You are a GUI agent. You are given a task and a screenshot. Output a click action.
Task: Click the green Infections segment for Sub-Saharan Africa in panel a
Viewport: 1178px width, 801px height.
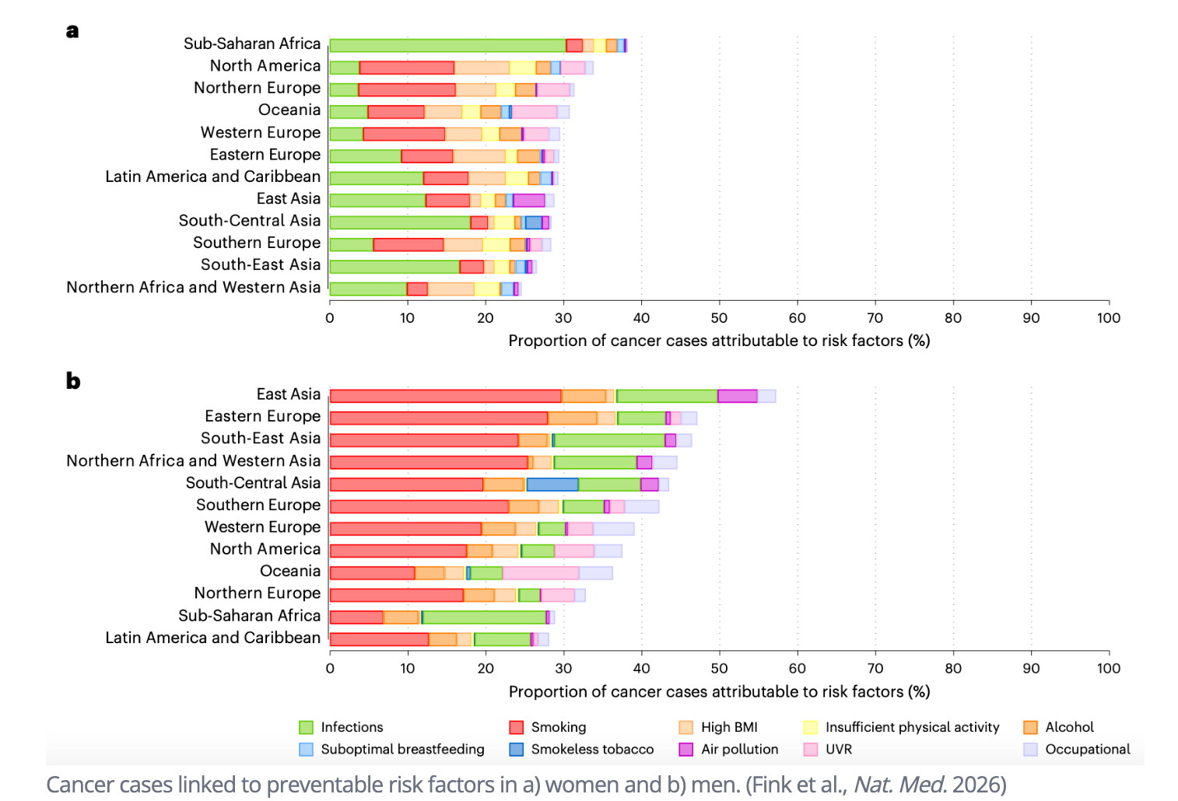[x=447, y=45]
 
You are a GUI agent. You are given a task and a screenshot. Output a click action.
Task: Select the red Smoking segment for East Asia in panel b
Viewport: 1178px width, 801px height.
[x=445, y=396]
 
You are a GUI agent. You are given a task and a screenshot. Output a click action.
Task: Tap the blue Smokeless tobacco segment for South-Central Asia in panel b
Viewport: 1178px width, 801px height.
[x=552, y=484]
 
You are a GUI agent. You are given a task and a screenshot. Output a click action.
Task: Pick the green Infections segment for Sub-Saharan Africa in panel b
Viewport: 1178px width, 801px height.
[x=484, y=617]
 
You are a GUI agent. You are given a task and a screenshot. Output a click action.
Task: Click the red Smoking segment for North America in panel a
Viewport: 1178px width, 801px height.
[x=407, y=68]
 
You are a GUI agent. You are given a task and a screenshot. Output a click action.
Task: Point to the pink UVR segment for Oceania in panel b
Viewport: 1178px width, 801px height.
[x=541, y=573]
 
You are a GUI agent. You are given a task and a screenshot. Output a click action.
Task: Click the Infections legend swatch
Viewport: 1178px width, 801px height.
[x=307, y=728]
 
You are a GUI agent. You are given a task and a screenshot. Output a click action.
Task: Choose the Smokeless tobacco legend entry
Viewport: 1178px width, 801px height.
[x=592, y=750]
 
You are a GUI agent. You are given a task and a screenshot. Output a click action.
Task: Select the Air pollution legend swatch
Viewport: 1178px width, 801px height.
[x=686, y=750]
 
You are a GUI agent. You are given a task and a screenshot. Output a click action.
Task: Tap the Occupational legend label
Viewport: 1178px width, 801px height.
[x=1087, y=750]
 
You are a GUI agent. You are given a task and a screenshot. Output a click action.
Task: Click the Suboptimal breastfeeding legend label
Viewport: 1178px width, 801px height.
[x=402, y=750]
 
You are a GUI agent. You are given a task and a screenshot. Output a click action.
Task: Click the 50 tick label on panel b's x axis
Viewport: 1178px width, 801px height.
[x=719, y=669]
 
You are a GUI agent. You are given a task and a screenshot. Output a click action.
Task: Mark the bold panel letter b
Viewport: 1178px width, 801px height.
[x=73, y=381]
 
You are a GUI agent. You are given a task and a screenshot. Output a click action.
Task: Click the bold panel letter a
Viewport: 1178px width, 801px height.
[x=72, y=31]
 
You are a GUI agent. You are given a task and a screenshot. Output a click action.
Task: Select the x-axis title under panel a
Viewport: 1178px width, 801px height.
[x=719, y=341]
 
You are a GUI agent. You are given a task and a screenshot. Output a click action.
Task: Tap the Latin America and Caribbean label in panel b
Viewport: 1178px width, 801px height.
[x=212, y=638]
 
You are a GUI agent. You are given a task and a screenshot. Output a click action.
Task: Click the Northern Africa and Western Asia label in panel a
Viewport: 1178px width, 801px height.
[x=193, y=288]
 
